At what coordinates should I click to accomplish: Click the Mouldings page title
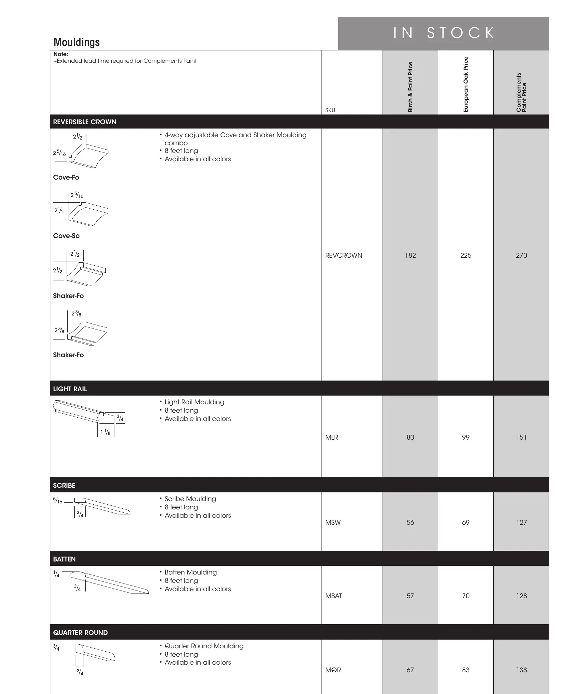tap(77, 42)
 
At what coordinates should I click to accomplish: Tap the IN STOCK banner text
tap(444, 33)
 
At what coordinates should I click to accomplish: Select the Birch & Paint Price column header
tap(410, 87)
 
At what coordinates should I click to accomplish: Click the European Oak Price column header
tap(466, 84)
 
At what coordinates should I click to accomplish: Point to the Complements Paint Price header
tap(521, 92)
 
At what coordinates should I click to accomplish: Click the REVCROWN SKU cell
tap(344, 255)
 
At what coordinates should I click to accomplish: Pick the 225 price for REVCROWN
tap(466, 255)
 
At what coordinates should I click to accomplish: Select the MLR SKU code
tap(332, 437)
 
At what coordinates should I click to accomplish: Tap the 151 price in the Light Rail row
tap(521, 437)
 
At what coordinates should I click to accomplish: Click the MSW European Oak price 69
tap(466, 522)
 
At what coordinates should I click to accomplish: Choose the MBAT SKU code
tap(334, 596)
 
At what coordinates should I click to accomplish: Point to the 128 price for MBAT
tap(521, 596)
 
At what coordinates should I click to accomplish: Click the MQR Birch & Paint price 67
tap(410, 670)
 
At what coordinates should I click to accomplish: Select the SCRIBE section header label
tap(64, 485)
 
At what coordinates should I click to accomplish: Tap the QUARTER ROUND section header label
tap(80, 633)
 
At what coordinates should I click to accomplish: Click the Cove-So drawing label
tap(66, 236)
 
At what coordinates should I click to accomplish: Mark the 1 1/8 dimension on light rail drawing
tap(105, 432)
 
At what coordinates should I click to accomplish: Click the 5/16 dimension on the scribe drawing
tap(58, 501)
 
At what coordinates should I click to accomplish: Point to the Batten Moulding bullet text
tap(190, 572)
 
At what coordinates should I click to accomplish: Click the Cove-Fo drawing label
tap(66, 177)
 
